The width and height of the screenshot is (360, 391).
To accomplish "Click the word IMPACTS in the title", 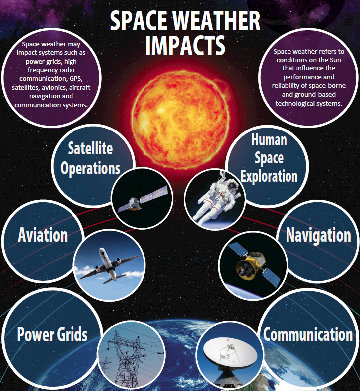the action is [x=185, y=45].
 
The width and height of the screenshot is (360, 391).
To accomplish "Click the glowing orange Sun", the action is [x=180, y=119].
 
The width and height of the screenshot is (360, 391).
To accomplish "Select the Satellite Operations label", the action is [x=90, y=158].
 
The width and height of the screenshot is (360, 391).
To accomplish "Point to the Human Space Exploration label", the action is [x=269, y=158].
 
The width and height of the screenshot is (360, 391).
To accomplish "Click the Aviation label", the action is [x=43, y=235].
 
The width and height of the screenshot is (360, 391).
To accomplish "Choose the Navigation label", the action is [x=318, y=235].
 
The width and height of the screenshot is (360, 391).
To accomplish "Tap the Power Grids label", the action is [x=53, y=334].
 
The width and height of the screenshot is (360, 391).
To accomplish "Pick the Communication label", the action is [x=308, y=334].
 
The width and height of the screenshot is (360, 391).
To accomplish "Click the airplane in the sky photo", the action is [x=109, y=265].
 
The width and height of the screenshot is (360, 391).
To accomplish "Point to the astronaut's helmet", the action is [x=232, y=186].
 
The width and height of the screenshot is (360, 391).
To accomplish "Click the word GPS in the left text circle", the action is [x=76, y=79].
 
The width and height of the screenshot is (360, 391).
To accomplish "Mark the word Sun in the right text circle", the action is [x=335, y=60].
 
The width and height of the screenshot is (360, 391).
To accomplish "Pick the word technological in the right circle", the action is [x=291, y=104].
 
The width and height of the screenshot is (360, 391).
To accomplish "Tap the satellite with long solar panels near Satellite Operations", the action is [x=143, y=199].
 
